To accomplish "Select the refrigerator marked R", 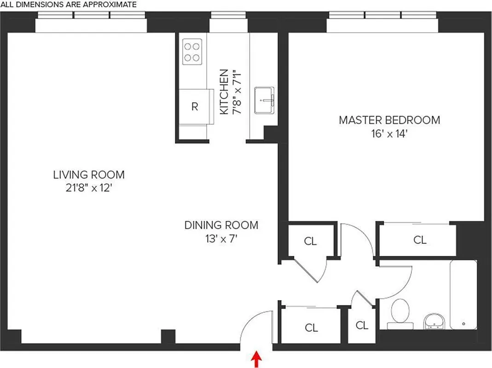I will (x=195, y=106).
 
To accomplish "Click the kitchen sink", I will (x=265, y=99).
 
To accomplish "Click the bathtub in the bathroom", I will (x=463, y=294).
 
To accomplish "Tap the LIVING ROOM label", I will (x=89, y=175).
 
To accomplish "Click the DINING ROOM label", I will (x=221, y=225).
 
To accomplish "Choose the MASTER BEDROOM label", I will (x=389, y=120).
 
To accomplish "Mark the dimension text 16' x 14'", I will (x=389, y=134).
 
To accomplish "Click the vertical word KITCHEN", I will (x=224, y=92).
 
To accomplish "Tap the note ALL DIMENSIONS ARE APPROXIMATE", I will (x=69, y=5).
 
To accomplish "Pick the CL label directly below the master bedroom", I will (x=420, y=240).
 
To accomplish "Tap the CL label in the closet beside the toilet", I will (x=362, y=326).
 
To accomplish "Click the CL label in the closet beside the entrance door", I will (x=312, y=328).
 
